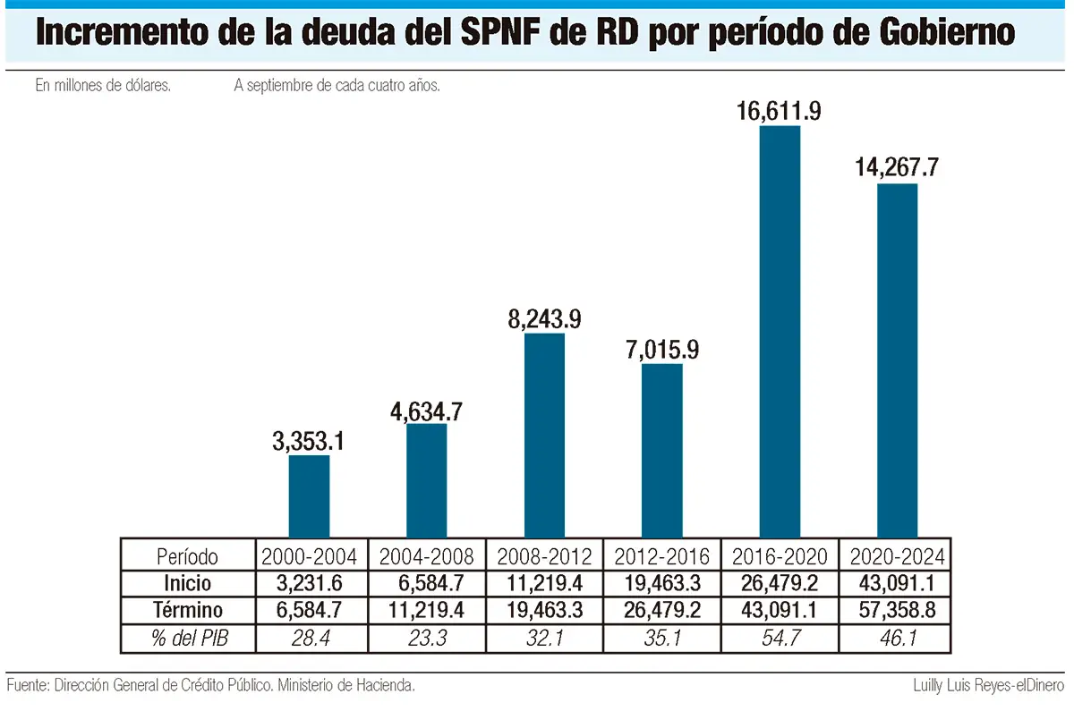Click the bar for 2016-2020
pyautogui.click(x=780, y=331)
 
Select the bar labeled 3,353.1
pyautogui.click(x=309, y=495)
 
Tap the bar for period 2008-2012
pyautogui.click(x=544, y=435)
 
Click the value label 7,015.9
pyautogui.click(x=661, y=348)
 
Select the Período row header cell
pyautogui.click(x=187, y=556)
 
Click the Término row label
pyautogui.click(x=187, y=611)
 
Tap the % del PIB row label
pyautogui.click(x=187, y=639)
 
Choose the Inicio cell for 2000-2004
pyautogui.click(x=309, y=584)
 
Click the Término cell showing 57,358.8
pyautogui.click(x=895, y=611)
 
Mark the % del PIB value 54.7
pyautogui.click(x=780, y=639)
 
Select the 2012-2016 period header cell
pyautogui.click(x=661, y=556)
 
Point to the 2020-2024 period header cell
pyautogui.click(x=895, y=556)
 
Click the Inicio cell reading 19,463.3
pyautogui.click(x=661, y=584)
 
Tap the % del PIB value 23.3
pyautogui.click(x=426, y=639)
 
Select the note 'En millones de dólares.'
pyautogui.click(x=103, y=87)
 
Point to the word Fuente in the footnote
pyautogui.click(x=26, y=686)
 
